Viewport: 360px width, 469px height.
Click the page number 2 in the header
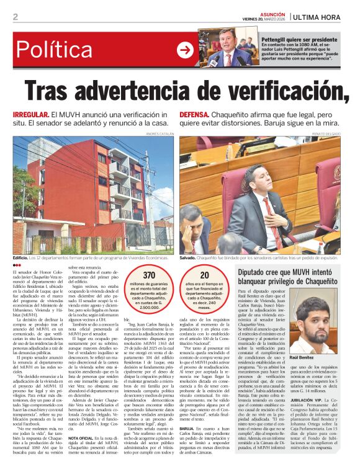(x=15, y=17)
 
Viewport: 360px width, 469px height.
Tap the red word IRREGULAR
(x=30, y=115)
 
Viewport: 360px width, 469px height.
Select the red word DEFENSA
(x=196, y=115)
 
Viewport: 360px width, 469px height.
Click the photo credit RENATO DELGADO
(x=326, y=133)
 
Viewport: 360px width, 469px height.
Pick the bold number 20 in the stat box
(x=204, y=275)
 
